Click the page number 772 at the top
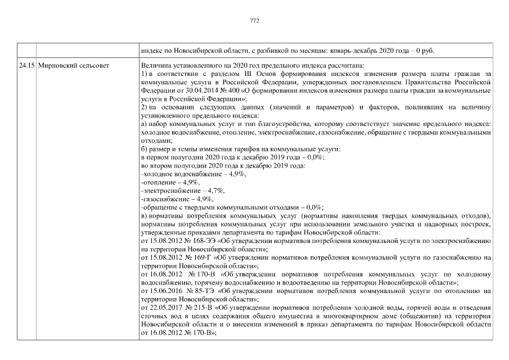tap(254, 20)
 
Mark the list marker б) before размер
tap(145, 149)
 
